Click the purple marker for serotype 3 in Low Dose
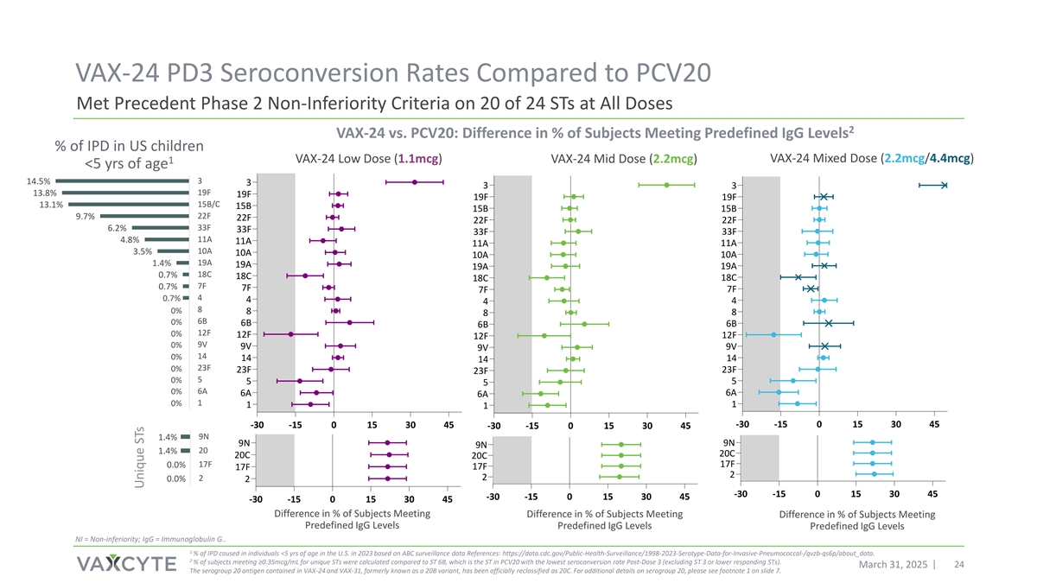(415, 182)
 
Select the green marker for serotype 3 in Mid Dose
(666, 185)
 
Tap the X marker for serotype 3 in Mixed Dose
(945, 185)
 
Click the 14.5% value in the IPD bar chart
(38, 181)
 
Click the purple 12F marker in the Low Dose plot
(291, 333)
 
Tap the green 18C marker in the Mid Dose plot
(546, 278)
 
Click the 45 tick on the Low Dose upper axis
(448, 424)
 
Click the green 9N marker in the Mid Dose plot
(621, 445)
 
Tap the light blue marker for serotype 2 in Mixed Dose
(875, 474)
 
